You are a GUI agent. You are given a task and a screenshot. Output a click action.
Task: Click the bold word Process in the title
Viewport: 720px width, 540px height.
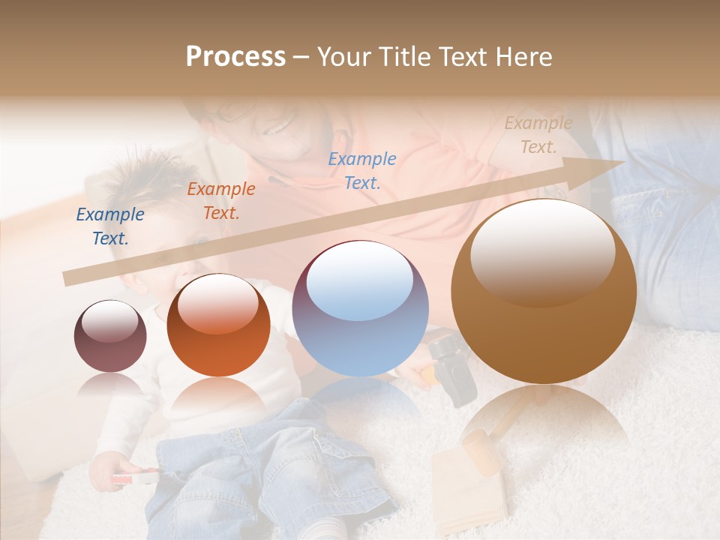coord(235,57)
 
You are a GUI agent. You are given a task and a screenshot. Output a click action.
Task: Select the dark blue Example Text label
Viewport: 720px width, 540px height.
coord(110,226)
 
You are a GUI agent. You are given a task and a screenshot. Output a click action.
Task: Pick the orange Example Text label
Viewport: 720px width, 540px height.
coord(221,201)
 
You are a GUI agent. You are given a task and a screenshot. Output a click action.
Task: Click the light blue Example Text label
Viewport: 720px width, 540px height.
coord(362,170)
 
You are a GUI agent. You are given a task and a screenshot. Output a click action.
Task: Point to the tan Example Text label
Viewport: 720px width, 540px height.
coord(538,135)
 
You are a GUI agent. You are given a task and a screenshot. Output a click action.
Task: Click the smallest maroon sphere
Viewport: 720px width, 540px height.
coord(110,337)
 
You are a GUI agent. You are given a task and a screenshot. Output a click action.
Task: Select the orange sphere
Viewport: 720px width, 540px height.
coord(218,325)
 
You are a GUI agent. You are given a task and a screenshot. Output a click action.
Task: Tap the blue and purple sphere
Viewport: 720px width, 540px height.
coord(360,309)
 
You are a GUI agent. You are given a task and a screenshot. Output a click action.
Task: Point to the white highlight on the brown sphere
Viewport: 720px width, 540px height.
coord(543,252)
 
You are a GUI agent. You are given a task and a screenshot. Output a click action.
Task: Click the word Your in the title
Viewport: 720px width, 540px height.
coord(342,57)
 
